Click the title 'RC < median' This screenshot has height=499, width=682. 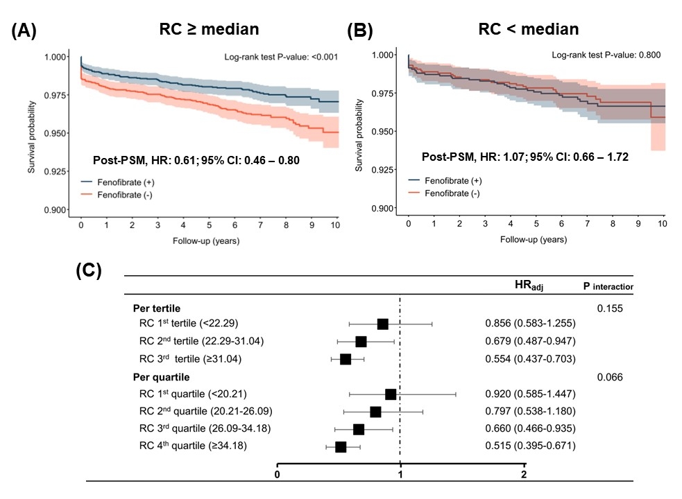pyautogui.click(x=528, y=29)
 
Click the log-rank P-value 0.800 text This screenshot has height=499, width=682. pyautogui.click(x=602, y=54)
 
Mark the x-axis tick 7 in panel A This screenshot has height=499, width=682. pyautogui.click(x=259, y=225)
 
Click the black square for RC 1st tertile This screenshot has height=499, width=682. pyautogui.click(x=382, y=324)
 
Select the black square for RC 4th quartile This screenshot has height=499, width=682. pyautogui.click(x=341, y=447)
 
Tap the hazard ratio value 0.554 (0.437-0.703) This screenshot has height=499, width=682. pyautogui.click(x=530, y=359)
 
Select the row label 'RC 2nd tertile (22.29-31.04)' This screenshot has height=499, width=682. pyautogui.click(x=201, y=342)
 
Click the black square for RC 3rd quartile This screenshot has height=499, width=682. pyautogui.click(x=359, y=430)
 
